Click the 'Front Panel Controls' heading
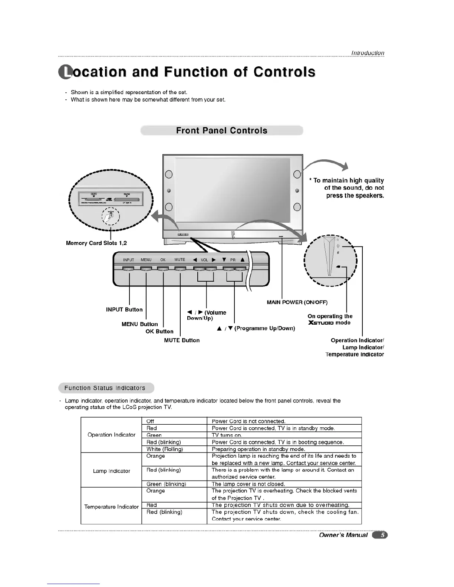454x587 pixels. click(x=221, y=130)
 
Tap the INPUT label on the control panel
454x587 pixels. click(x=128, y=260)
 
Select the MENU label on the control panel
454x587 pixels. click(x=146, y=260)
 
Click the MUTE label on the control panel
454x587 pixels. click(x=180, y=260)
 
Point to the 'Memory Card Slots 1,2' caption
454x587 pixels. click(x=96, y=243)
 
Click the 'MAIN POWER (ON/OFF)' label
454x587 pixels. click(x=297, y=302)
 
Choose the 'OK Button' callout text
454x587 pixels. click(x=159, y=331)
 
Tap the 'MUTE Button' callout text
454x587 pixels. click(x=182, y=340)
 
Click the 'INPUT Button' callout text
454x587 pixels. click(x=124, y=309)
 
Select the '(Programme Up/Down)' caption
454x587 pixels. click(x=265, y=328)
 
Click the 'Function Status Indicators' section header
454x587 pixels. click(x=105, y=388)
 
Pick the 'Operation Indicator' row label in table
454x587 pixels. click(x=111, y=435)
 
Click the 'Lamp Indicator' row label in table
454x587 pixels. click(x=111, y=471)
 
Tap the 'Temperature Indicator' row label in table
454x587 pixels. click(x=111, y=507)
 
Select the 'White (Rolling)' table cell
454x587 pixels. click(x=165, y=449)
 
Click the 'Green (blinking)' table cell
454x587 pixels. click(x=166, y=484)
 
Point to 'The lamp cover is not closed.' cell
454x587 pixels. click(x=248, y=484)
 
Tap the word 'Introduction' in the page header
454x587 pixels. click(x=368, y=53)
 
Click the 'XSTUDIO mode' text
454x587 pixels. click(x=329, y=323)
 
